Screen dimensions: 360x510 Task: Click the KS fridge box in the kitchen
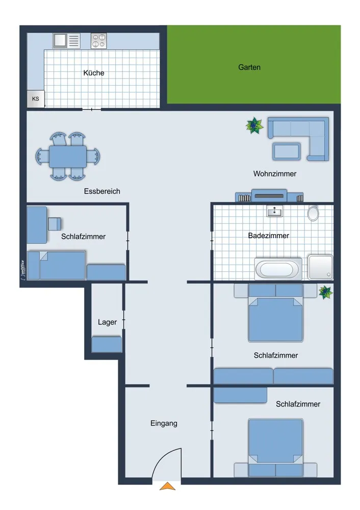tap(36, 98)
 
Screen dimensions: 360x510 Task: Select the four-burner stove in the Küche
tap(98, 41)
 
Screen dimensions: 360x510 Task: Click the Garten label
tap(249, 67)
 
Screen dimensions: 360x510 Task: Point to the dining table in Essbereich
tap(68, 157)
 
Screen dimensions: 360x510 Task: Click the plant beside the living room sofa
tap(254, 125)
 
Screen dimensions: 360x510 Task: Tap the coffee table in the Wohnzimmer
tap(286, 151)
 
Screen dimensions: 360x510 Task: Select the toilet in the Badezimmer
tap(313, 213)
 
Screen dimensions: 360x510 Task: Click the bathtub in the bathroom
tap(277, 269)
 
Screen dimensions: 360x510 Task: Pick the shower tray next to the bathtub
tap(320, 267)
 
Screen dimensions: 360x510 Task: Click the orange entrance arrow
tap(167, 486)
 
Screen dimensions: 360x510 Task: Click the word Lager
tap(107, 322)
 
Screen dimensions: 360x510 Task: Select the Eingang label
tap(164, 423)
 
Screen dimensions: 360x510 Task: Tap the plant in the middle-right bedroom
tap(325, 292)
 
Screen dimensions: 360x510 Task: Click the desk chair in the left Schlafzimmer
tap(55, 224)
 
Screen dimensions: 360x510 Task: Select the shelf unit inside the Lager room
tap(107, 344)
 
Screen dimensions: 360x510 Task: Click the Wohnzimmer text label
tap(275, 174)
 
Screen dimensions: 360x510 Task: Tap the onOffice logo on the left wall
tap(23, 270)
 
